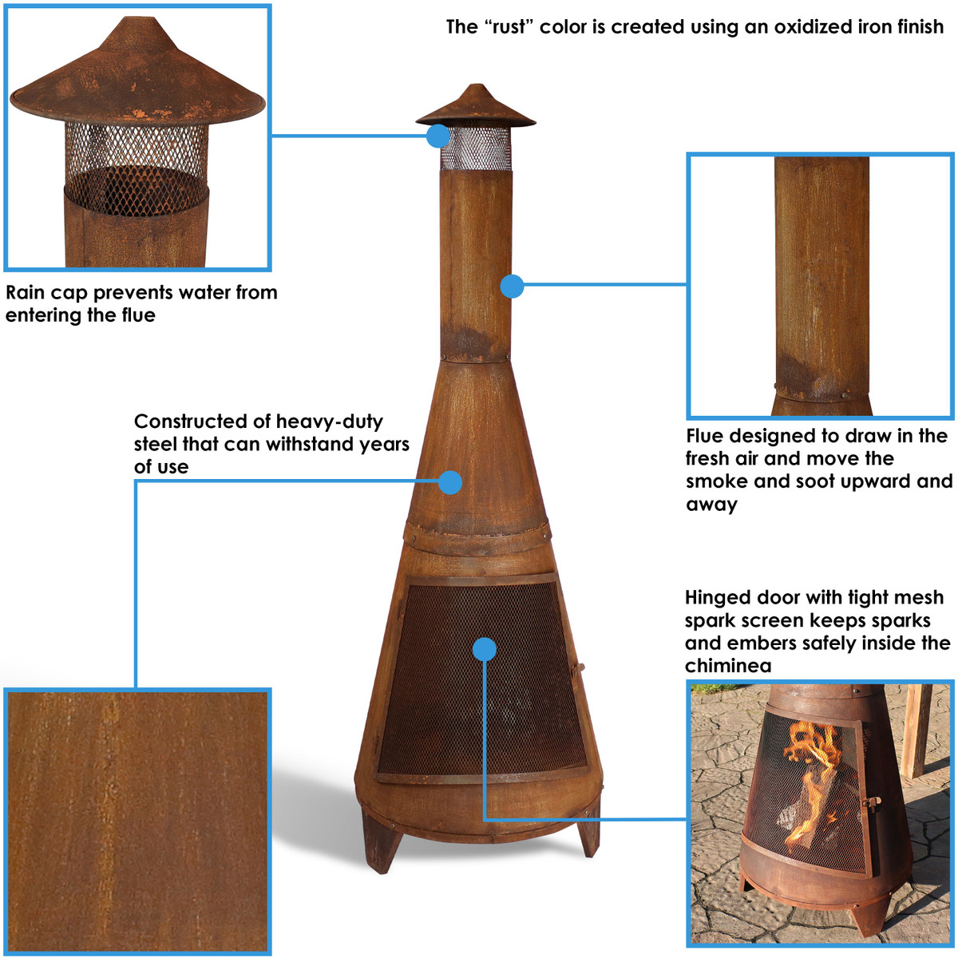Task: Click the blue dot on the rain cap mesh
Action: point(437,136)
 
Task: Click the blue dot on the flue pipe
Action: point(512,286)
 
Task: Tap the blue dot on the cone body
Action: point(450,482)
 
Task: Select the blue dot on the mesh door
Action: point(484,649)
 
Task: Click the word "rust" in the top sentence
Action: point(508,26)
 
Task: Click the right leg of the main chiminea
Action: point(589,835)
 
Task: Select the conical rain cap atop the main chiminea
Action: point(475,108)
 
